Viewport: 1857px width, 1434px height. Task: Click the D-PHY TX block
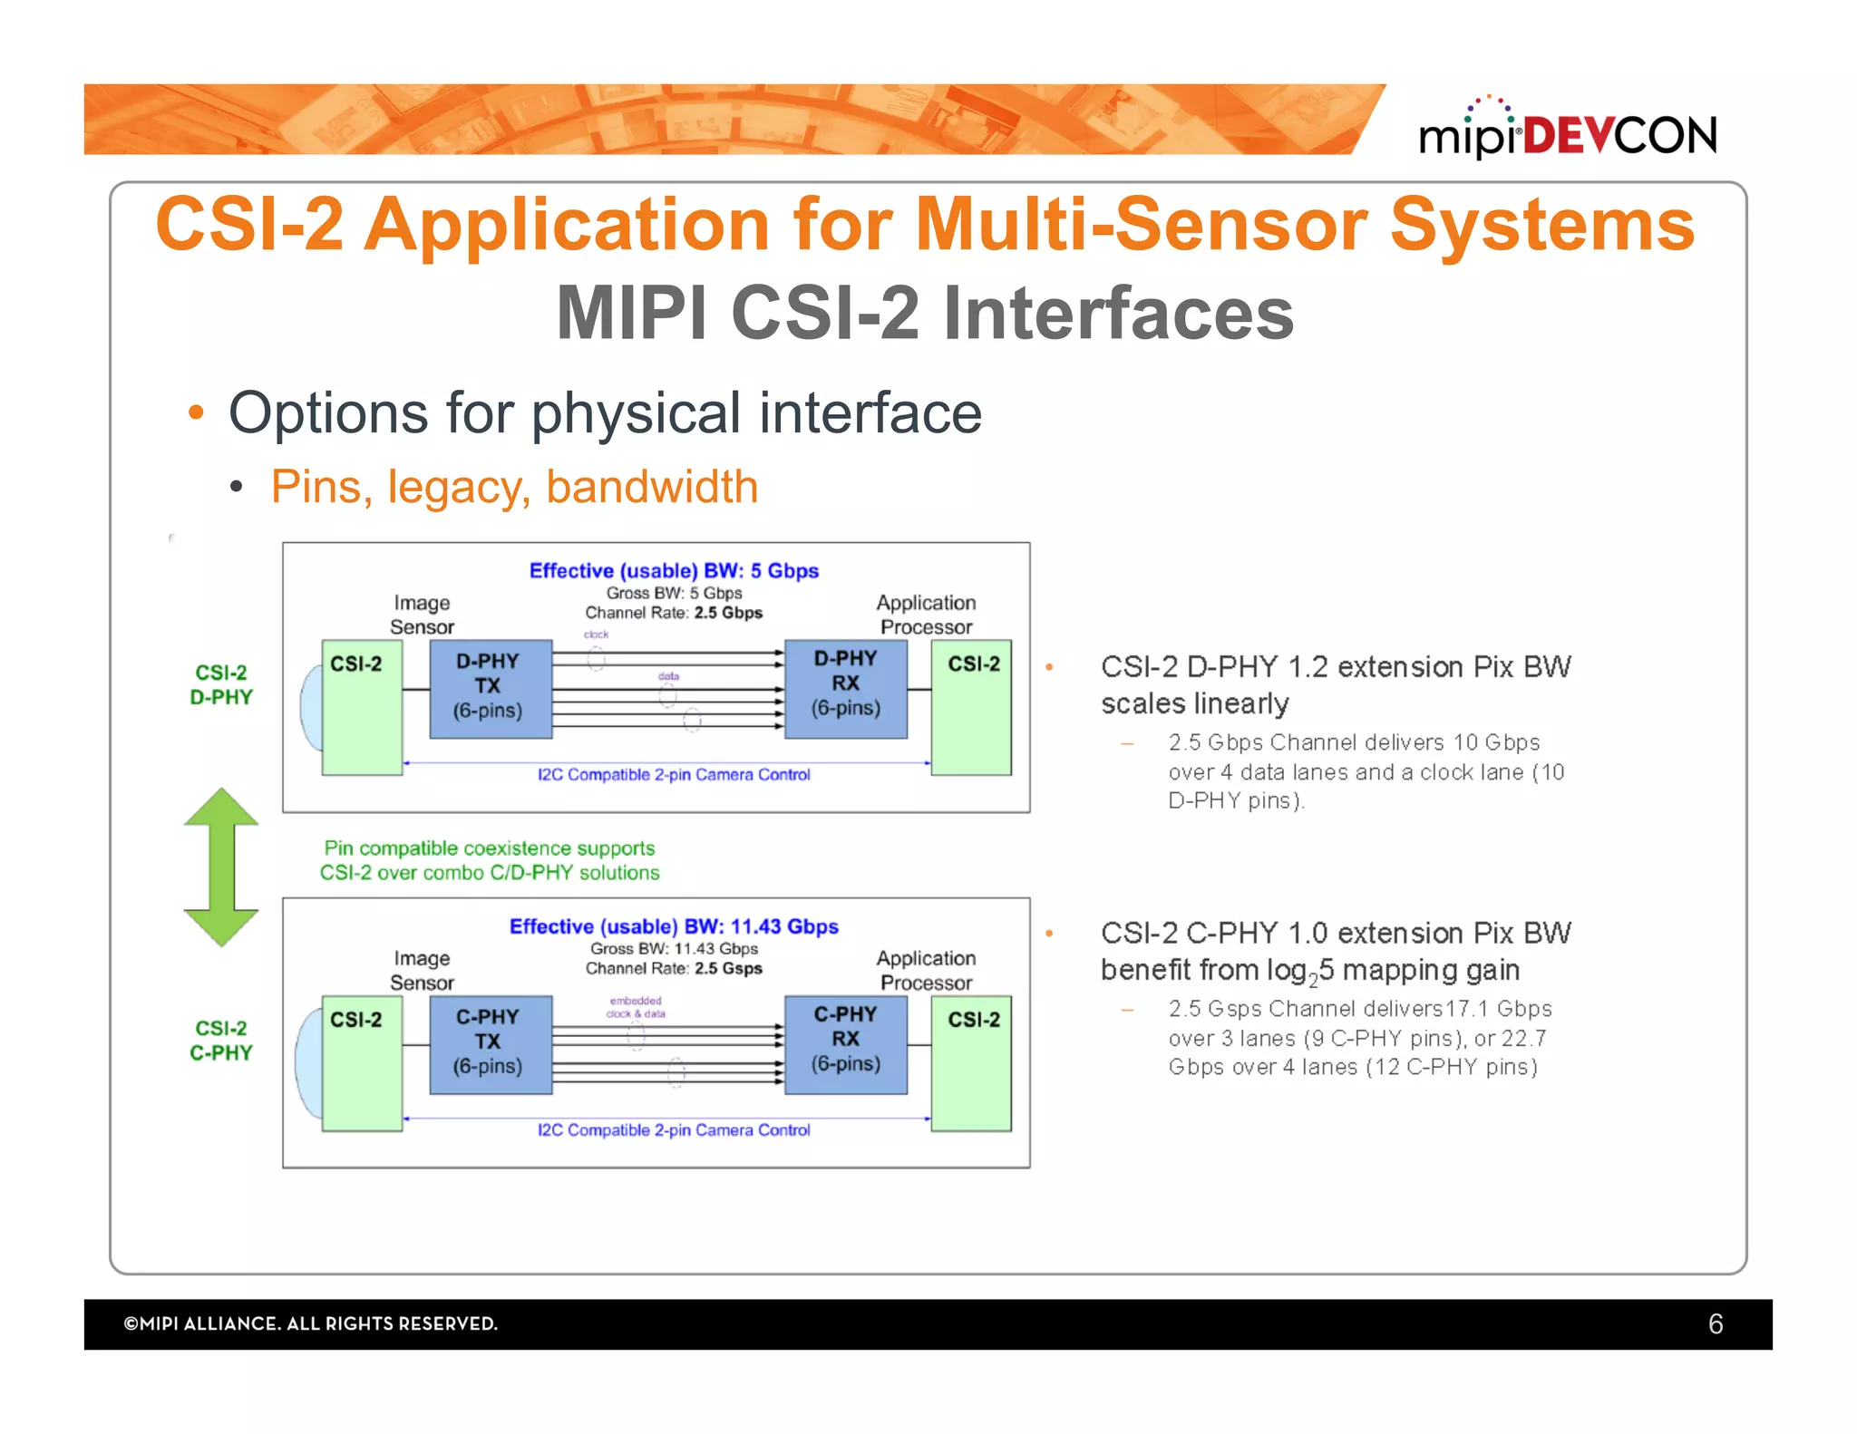pyautogui.click(x=490, y=688)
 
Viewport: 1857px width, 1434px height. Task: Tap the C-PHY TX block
pyautogui.click(x=490, y=1043)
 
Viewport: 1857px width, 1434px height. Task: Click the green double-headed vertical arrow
pyautogui.click(x=221, y=867)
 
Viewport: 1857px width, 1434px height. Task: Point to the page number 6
pyautogui.click(x=1715, y=1324)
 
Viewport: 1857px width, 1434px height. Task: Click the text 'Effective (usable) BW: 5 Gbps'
pyautogui.click(x=674, y=571)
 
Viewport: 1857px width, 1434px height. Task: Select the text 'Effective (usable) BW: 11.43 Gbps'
pyautogui.click(x=674, y=926)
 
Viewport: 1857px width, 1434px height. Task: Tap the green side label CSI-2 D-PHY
pyautogui.click(x=221, y=685)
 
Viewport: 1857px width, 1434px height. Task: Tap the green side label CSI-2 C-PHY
pyautogui.click(x=221, y=1041)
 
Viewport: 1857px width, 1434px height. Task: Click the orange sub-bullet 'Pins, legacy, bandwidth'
pyautogui.click(x=514, y=487)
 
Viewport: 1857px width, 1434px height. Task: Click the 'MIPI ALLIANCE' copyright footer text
pyautogui.click(x=311, y=1324)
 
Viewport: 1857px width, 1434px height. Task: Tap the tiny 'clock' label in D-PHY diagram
pyautogui.click(x=596, y=635)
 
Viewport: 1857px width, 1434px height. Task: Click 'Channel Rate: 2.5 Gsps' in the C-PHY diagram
pyautogui.click(x=674, y=968)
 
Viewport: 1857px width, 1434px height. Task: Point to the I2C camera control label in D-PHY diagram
pyautogui.click(x=674, y=775)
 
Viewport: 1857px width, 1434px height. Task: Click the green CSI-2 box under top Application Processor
pyautogui.click(x=972, y=707)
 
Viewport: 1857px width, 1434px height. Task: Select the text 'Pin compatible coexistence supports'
pyautogui.click(x=490, y=848)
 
